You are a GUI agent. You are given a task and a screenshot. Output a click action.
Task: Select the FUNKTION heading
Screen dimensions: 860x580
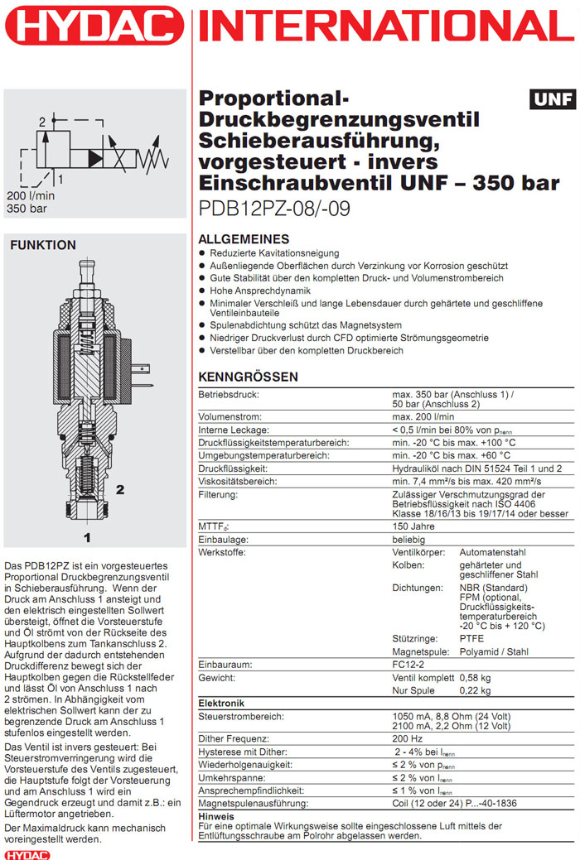[42, 245]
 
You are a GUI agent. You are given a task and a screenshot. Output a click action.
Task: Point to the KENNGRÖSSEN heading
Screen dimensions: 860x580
[249, 377]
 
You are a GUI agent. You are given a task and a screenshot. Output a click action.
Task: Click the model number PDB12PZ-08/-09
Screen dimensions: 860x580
[274, 208]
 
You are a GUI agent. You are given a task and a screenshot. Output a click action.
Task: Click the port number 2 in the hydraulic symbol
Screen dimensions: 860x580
[41, 123]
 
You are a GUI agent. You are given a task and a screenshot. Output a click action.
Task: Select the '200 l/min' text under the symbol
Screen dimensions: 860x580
[30, 195]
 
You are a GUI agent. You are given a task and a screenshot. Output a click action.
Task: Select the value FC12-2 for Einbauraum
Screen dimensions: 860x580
[409, 664]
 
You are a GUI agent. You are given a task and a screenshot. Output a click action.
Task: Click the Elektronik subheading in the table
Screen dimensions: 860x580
[221, 703]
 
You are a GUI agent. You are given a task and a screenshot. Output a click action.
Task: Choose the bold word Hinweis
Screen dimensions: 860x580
[217, 816]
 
